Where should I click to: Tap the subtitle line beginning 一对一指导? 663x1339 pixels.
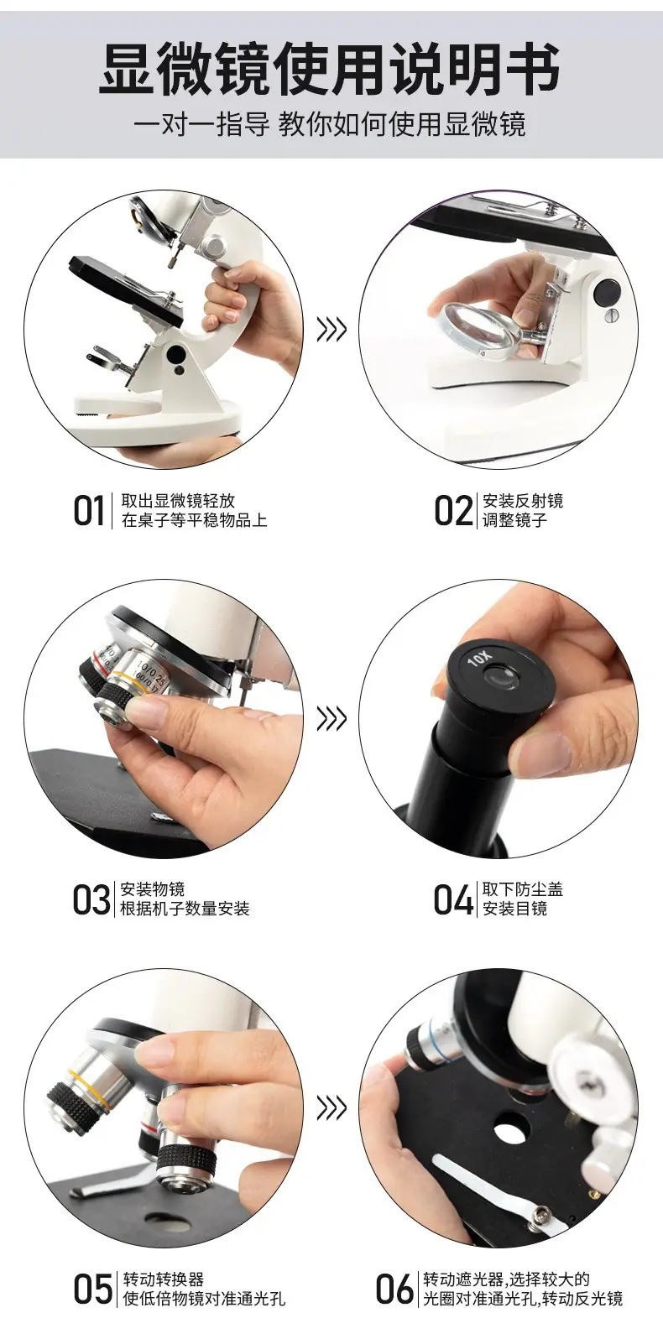(330, 125)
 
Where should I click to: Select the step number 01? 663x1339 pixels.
(89, 511)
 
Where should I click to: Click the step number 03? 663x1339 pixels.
(91, 900)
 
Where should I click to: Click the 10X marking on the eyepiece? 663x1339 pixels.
(479, 659)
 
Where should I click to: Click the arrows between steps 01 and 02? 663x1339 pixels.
(331, 330)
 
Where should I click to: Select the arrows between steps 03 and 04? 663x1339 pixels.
(331, 718)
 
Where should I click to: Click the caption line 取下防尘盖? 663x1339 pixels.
(523, 889)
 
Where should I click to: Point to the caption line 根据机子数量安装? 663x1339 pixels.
(185, 909)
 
